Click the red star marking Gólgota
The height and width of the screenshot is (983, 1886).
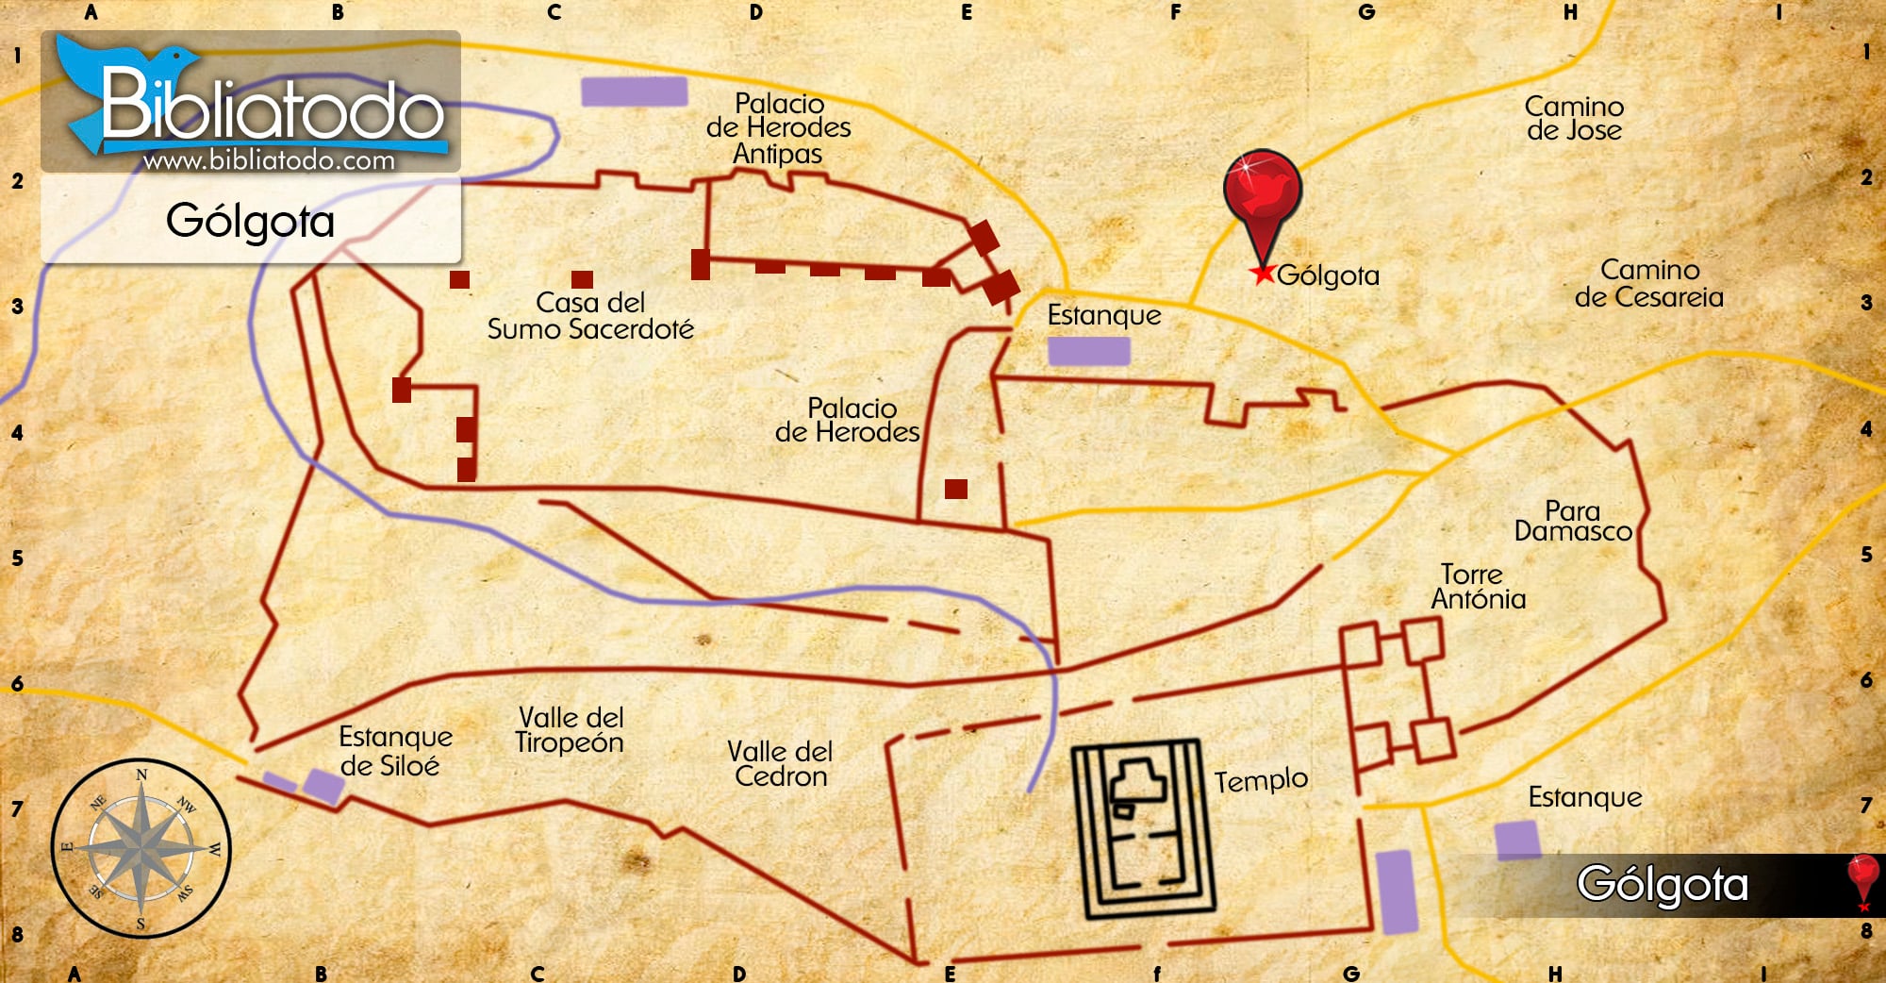point(1262,274)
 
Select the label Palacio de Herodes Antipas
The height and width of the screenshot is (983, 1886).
point(779,128)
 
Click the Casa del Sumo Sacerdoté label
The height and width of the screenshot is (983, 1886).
point(590,315)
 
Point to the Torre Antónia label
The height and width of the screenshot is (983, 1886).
point(1478,587)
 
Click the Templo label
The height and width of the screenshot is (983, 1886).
point(1260,780)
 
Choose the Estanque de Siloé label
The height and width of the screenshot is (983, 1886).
point(394,751)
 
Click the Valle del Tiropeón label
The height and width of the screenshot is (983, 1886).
point(570,730)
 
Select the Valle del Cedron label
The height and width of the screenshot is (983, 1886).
point(780,764)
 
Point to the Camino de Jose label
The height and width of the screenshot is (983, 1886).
point(1574,118)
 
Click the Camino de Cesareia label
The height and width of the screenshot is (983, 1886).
point(1648,283)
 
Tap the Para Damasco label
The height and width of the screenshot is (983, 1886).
point(1573,521)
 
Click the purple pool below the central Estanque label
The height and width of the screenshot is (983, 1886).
point(1088,351)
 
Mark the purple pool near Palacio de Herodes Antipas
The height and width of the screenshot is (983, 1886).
point(634,92)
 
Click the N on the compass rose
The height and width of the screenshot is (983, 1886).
point(141,775)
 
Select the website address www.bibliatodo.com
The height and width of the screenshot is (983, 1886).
point(269,160)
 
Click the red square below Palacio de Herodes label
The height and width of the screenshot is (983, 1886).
point(956,489)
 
